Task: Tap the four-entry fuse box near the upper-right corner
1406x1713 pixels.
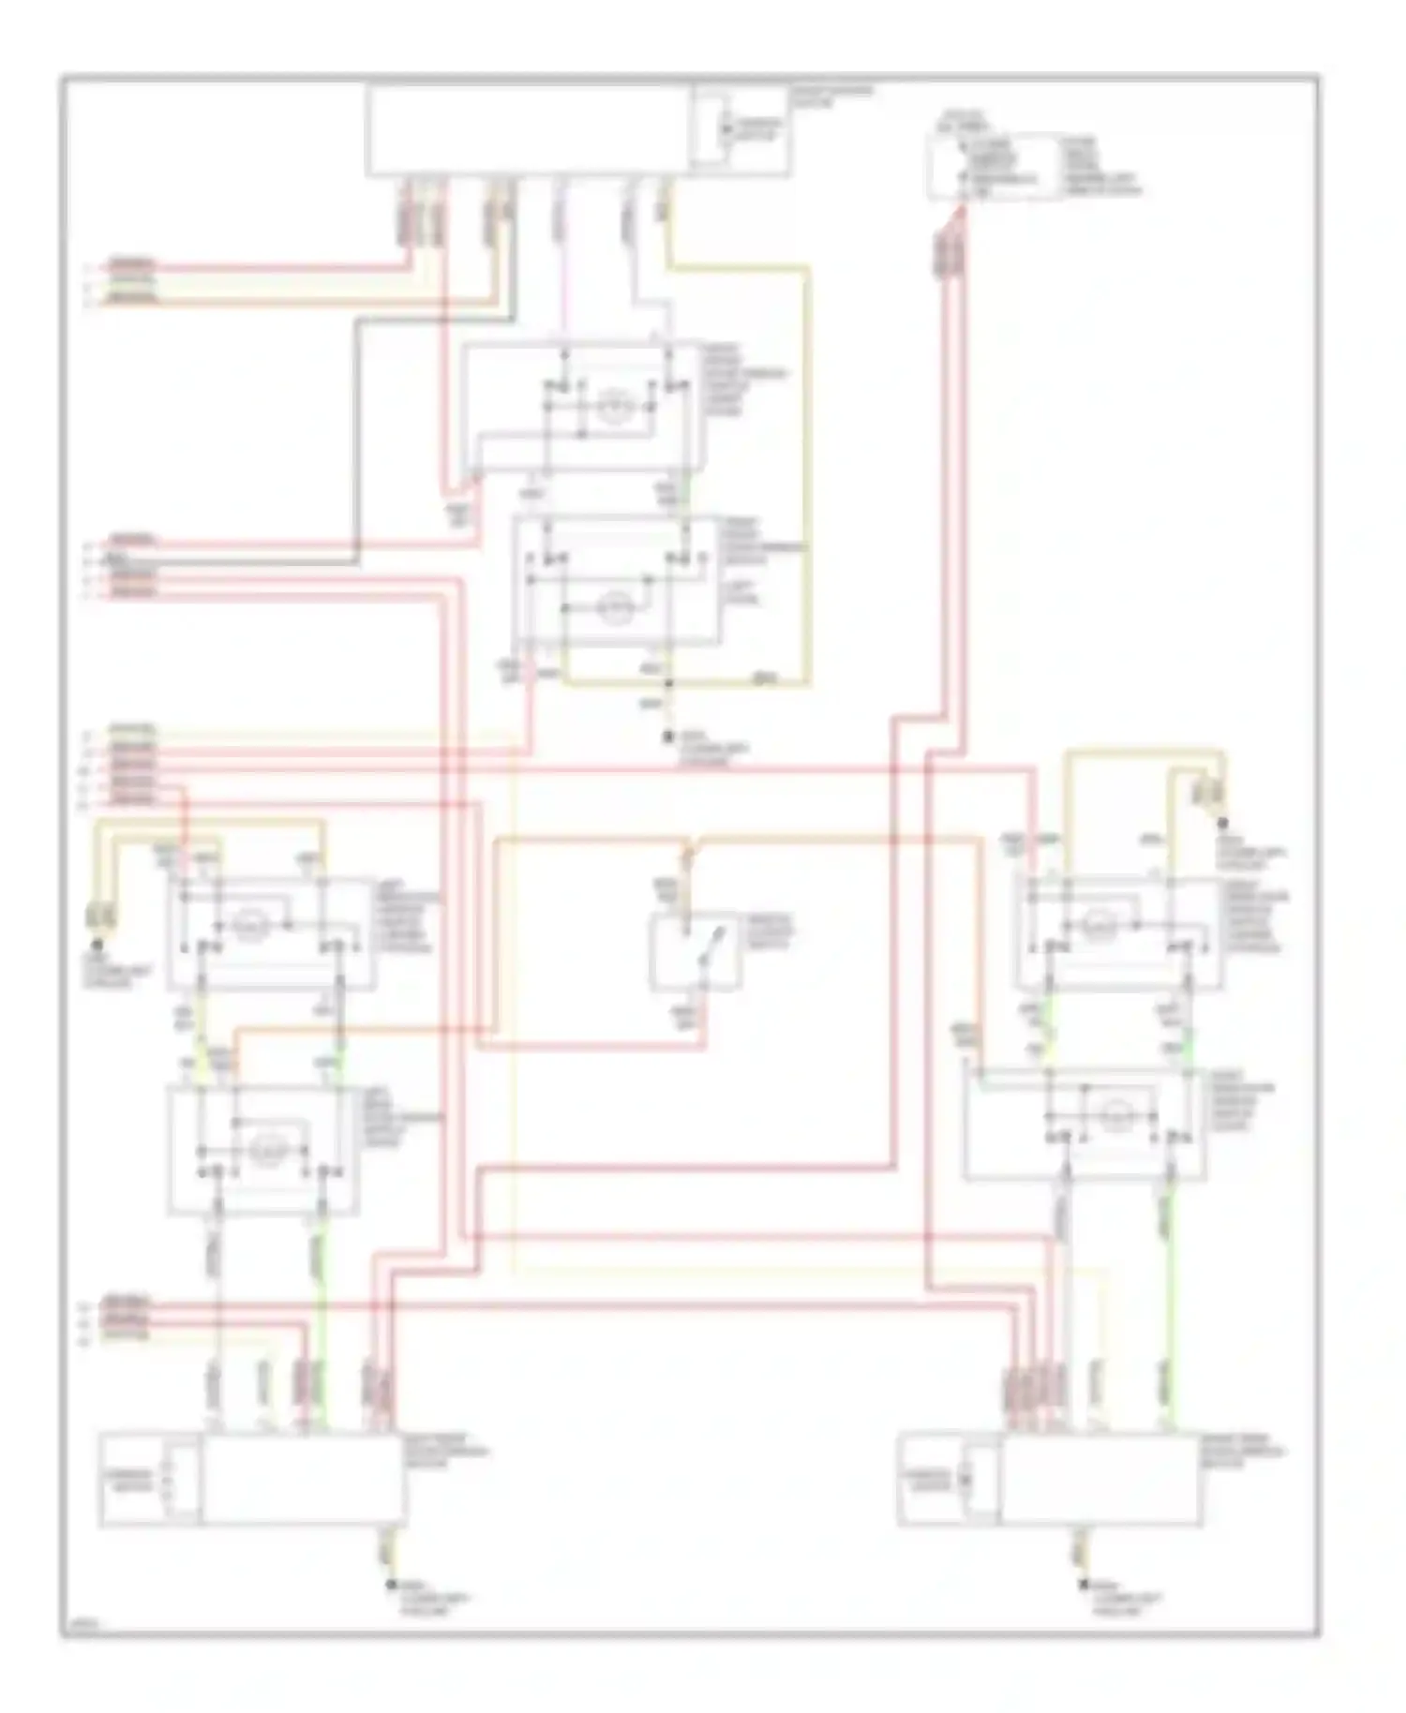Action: point(994,167)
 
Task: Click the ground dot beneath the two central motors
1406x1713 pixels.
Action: point(668,737)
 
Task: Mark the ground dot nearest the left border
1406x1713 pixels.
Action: point(95,946)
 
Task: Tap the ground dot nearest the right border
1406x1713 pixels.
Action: point(1222,822)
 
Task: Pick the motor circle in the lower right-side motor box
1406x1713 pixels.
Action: point(1115,1114)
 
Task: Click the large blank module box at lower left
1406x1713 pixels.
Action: point(302,1479)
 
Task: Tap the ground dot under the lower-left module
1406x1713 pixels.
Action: point(391,1585)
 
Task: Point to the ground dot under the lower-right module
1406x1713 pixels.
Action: point(1084,1585)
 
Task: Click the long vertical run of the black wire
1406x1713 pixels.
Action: point(357,440)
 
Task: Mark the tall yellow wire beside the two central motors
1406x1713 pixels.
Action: point(807,469)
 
